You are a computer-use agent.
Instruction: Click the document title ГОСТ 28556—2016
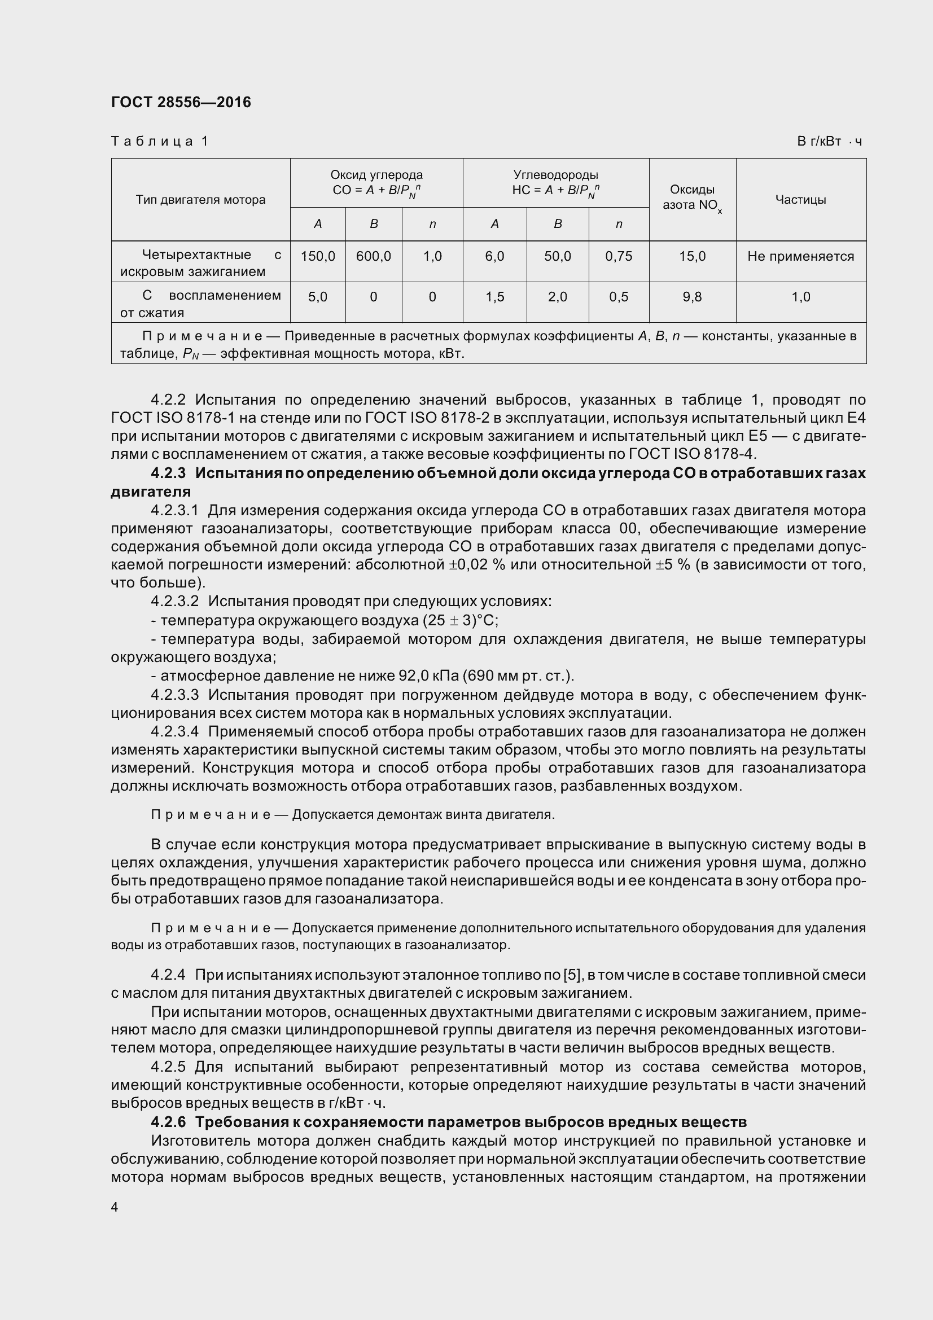point(181,102)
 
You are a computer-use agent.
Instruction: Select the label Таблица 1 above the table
point(159,142)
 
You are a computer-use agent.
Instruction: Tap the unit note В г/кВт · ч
point(829,142)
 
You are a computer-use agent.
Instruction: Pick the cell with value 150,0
point(318,256)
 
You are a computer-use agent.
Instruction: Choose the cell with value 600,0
point(374,256)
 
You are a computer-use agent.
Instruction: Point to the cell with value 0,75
point(619,256)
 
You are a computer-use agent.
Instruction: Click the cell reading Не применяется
point(800,256)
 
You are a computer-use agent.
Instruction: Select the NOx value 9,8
point(692,297)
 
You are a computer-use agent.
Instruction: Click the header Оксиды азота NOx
point(692,198)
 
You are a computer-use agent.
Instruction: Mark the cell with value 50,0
point(558,256)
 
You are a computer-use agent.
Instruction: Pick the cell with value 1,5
point(494,297)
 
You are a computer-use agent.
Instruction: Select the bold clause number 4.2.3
point(168,473)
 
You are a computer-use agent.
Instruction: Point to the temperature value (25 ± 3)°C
point(460,621)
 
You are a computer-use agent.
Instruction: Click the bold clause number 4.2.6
point(168,1122)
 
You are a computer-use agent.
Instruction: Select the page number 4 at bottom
point(115,1207)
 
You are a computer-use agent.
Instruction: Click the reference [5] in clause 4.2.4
point(571,975)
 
